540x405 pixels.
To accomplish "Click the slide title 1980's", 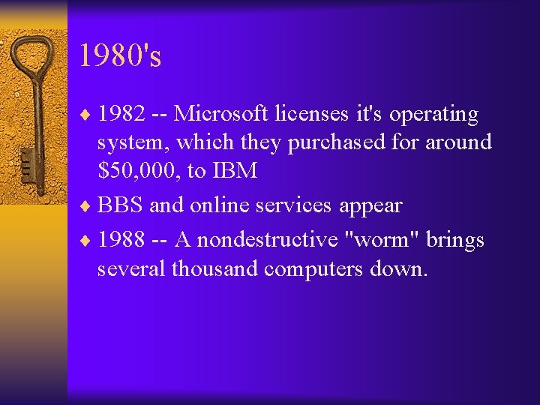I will click(120, 55).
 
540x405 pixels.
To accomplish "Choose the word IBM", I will click(234, 171).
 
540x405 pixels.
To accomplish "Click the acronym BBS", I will click(121, 205).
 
